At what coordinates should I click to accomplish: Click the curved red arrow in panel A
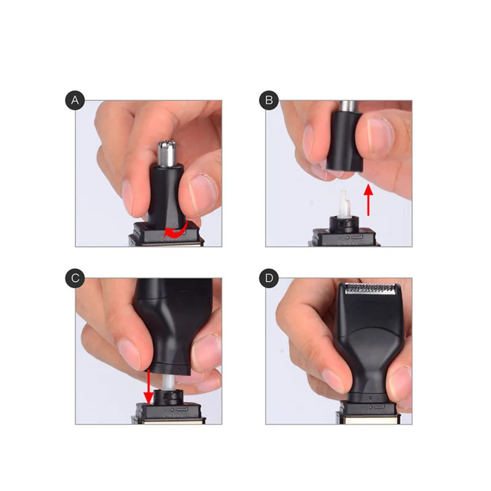pos(175,231)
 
